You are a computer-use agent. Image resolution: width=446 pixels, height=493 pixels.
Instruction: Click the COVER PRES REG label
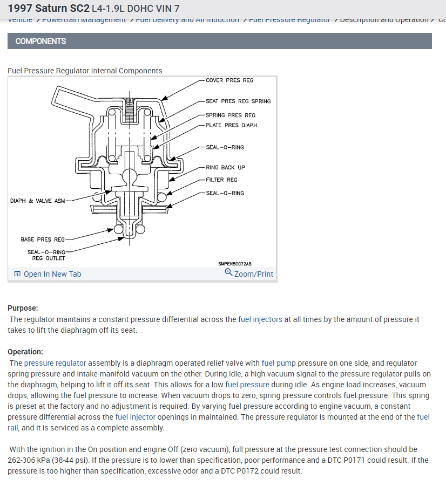point(229,80)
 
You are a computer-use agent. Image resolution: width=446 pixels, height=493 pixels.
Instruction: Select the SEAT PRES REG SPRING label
point(238,101)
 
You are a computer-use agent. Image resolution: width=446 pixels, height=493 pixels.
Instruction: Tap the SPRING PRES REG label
point(231,115)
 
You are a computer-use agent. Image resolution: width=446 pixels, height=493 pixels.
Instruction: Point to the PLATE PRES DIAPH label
point(231,125)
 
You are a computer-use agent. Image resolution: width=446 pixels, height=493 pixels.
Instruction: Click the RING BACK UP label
point(225,168)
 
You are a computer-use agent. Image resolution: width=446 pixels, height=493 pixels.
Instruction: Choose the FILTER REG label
point(221,180)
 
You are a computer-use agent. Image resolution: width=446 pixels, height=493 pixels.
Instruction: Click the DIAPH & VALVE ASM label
point(37,201)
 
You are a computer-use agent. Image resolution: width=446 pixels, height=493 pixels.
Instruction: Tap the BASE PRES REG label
point(43,239)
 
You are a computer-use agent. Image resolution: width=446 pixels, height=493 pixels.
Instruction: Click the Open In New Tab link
point(52,274)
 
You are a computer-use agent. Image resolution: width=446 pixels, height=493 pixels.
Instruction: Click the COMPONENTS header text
point(41,41)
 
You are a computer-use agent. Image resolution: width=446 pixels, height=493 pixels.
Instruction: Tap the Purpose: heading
point(23,308)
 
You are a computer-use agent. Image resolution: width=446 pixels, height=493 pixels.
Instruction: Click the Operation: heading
point(25,352)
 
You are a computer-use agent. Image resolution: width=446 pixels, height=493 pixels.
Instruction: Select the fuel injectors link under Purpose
point(260,319)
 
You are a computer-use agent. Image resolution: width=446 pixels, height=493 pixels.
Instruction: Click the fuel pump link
point(279,363)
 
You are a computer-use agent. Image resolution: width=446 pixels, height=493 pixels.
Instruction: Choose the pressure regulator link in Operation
point(54,363)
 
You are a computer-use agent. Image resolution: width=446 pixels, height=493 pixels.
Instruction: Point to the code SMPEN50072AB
point(235,264)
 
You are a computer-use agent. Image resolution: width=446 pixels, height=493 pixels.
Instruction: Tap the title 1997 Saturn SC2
point(49,9)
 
